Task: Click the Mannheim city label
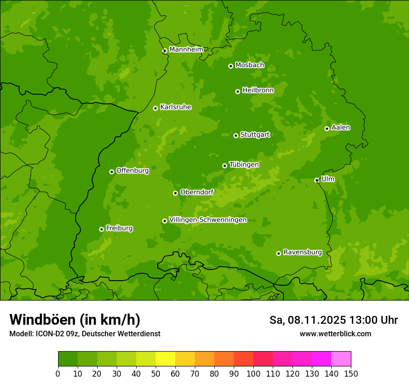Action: [x=186, y=50]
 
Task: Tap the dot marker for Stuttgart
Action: [x=236, y=135]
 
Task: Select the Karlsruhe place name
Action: [x=175, y=107]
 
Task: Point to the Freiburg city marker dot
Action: [x=101, y=229]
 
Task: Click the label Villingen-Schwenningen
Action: [x=208, y=220]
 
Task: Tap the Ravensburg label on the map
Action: [x=302, y=252]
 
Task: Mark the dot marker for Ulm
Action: [x=317, y=180]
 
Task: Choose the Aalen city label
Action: [x=341, y=128]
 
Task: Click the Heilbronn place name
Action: [x=258, y=90]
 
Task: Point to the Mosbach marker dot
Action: [x=231, y=66]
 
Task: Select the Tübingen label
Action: [x=244, y=165]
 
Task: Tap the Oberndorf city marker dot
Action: [x=175, y=193]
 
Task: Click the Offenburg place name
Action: [x=132, y=171]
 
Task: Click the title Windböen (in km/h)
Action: [x=75, y=320]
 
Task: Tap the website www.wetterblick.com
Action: [x=335, y=334]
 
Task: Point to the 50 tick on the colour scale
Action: [x=156, y=373]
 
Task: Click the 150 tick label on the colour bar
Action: [x=351, y=373]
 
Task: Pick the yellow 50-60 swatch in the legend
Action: [x=165, y=359]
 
